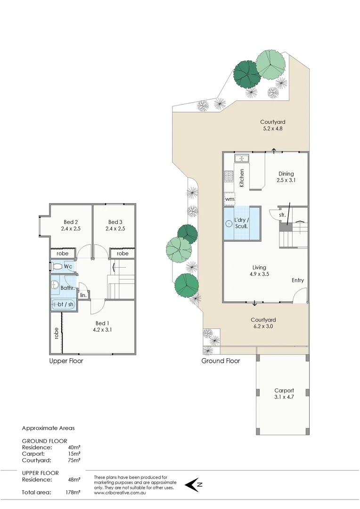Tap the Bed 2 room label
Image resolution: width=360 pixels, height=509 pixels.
(x=70, y=225)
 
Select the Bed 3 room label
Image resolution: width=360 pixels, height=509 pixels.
(x=116, y=225)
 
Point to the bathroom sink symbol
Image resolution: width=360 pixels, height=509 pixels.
(x=55, y=285)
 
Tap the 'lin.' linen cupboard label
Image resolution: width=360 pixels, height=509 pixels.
(x=83, y=295)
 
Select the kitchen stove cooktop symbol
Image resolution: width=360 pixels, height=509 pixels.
(x=229, y=176)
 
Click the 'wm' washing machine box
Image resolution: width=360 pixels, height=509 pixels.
(x=229, y=199)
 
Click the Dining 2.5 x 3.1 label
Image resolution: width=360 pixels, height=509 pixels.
(x=286, y=177)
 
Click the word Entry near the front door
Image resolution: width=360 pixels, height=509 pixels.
(x=298, y=280)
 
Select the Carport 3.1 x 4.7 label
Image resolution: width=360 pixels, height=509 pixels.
(x=284, y=394)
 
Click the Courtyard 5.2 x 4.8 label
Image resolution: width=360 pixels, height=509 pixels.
(x=273, y=125)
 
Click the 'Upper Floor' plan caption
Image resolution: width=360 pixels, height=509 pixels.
(x=66, y=361)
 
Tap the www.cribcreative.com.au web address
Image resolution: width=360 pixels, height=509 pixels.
(x=120, y=493)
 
